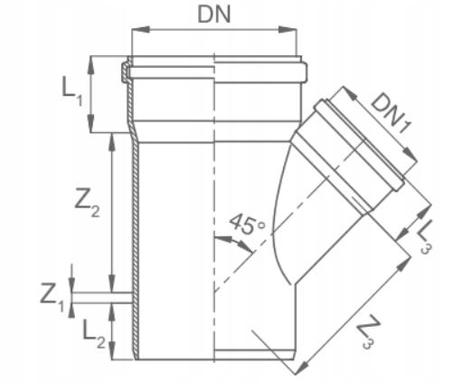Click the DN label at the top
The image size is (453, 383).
click(x=214, y=14)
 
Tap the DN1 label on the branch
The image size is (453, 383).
click(x=391, y=112)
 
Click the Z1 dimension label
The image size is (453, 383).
click(x=52, y=298)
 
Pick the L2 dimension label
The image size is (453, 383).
click(x=93, y=334)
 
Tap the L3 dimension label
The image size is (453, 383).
click(x=425, y=237)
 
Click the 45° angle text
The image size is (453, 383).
click(x=247, y=224)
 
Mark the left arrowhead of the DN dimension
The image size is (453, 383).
click(x=140, y=30)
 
